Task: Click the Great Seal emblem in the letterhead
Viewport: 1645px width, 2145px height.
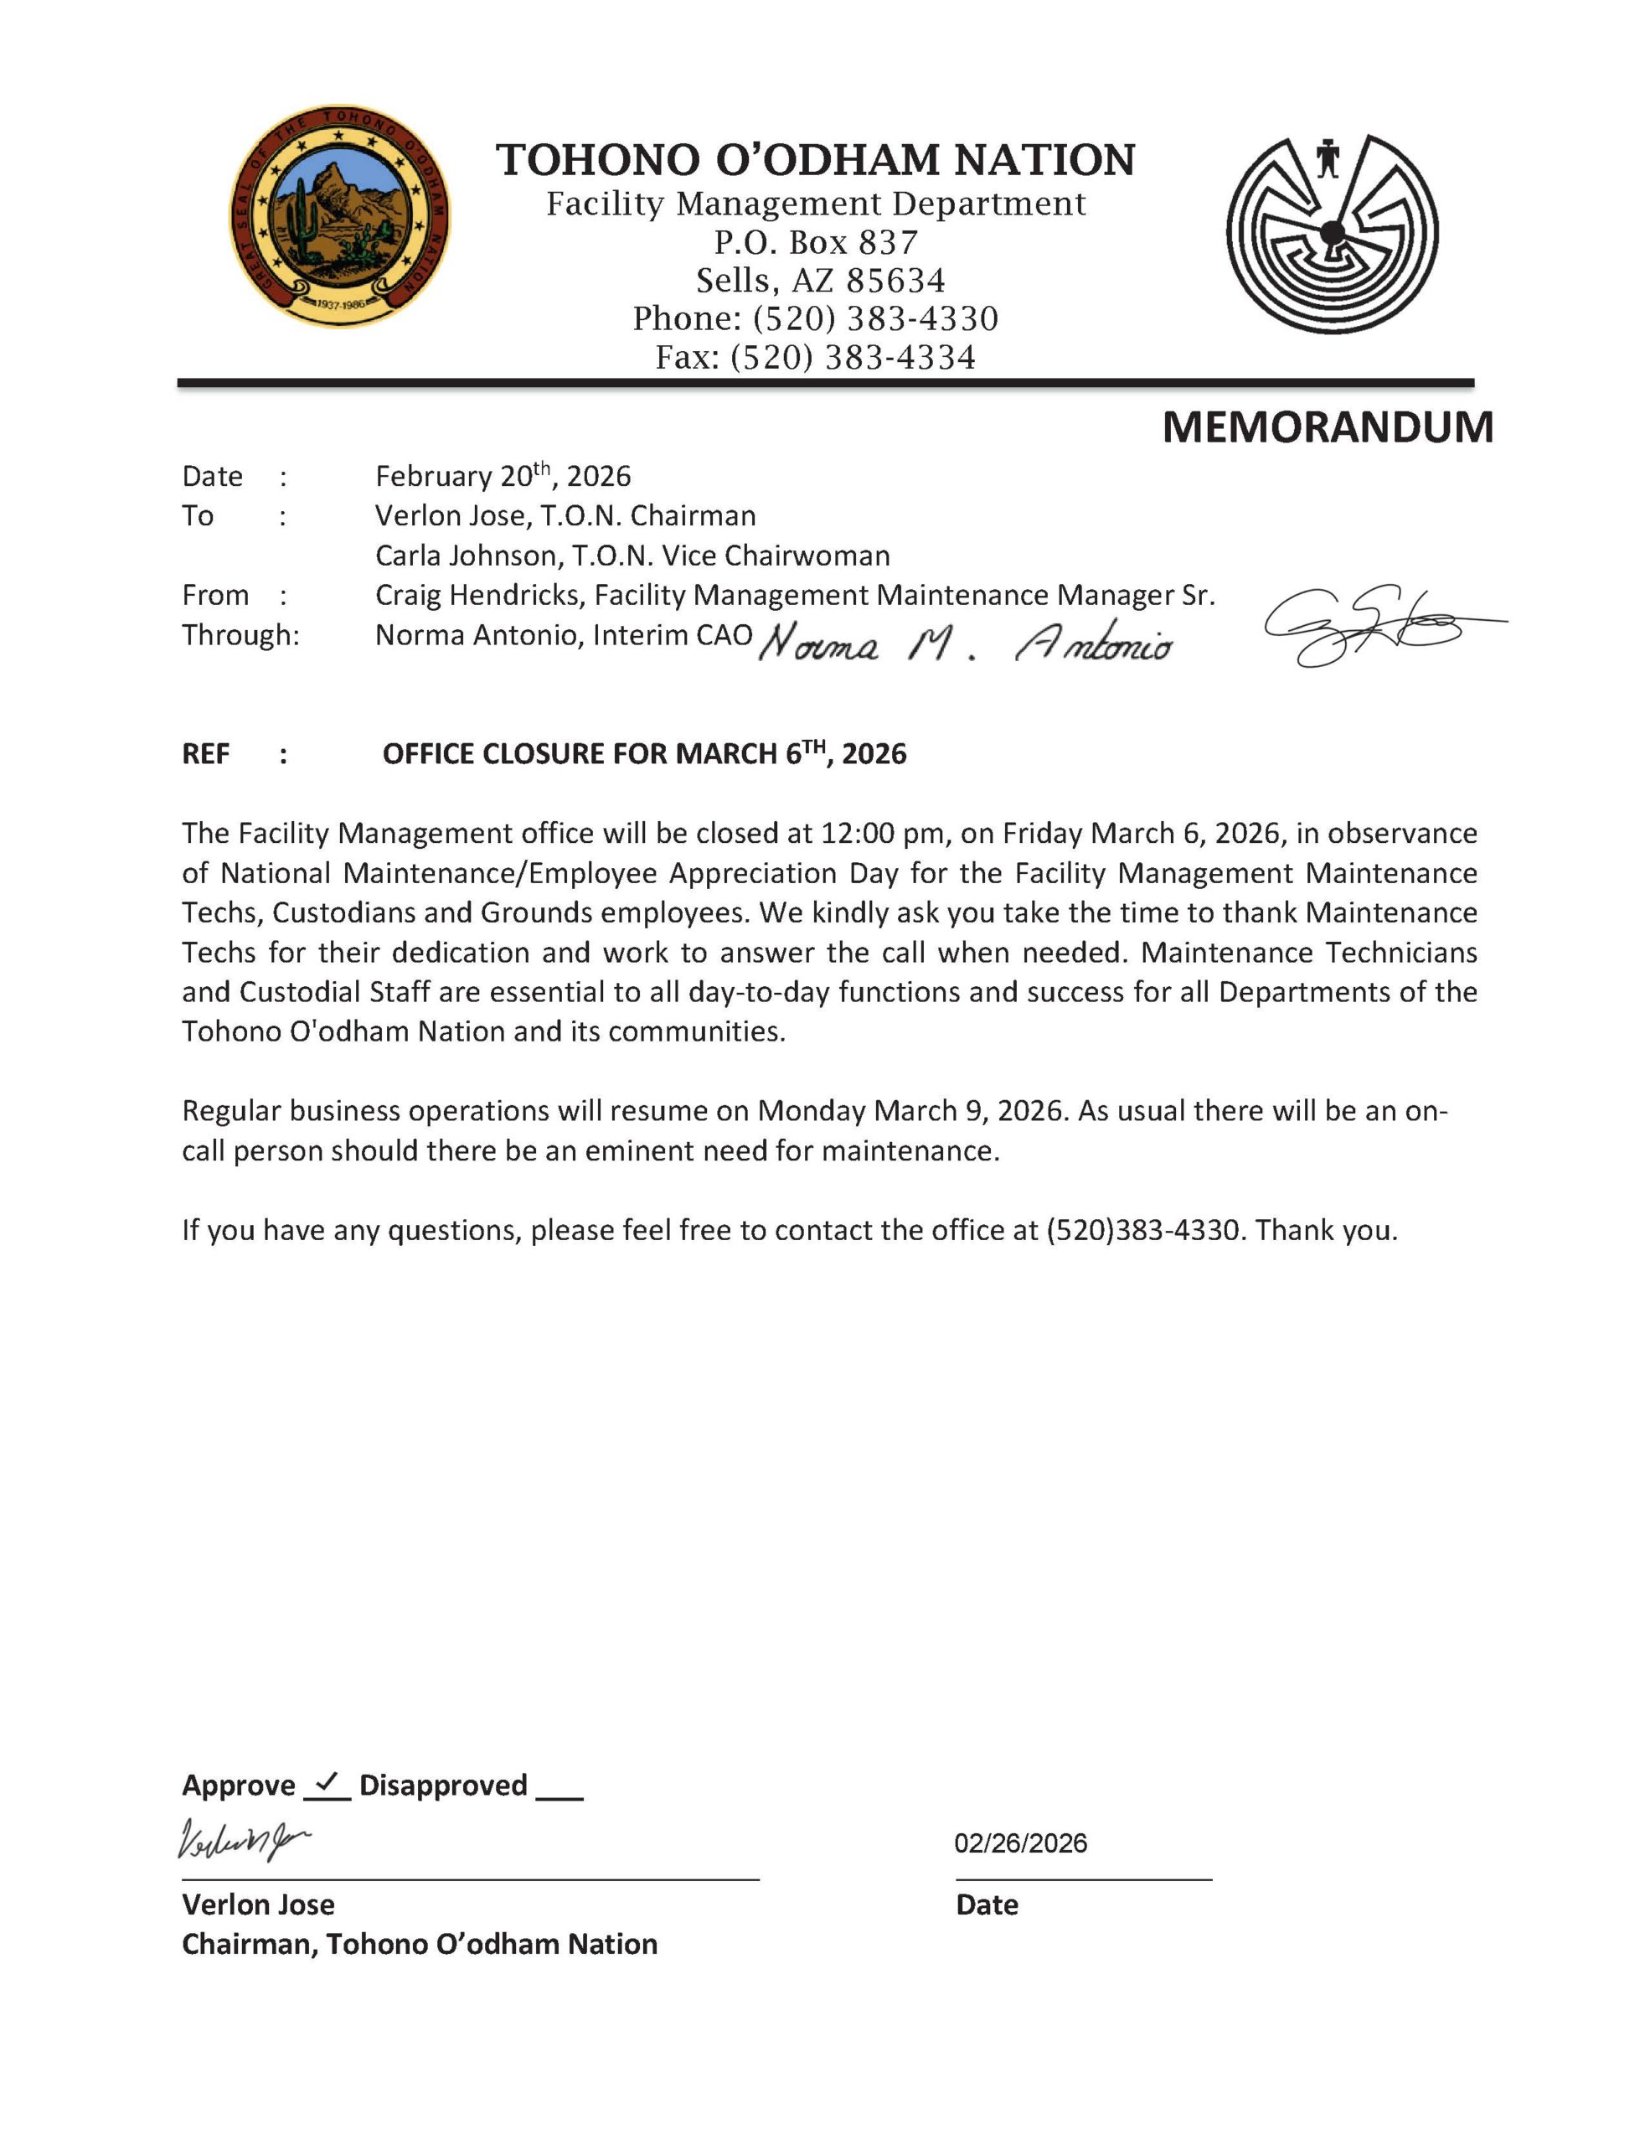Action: click(x=340, y=218)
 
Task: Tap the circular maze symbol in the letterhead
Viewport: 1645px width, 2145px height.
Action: click(x=1332, y=233)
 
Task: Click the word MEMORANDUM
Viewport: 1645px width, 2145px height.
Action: click(x=1327, y=428)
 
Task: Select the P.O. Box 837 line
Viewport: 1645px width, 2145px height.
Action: click(x=816, y=242)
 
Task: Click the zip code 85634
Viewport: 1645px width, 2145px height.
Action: click(x=896, y=281)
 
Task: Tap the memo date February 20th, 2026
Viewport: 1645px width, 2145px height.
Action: click(x=503, y=477)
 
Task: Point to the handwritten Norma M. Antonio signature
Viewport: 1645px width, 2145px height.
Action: click(x=965, y=644)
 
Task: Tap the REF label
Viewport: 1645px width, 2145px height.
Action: click(x=206, y=754)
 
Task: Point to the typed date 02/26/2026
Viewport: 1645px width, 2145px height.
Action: click(x=1020, y=1843)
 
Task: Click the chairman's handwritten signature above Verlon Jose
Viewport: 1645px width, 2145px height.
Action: click(x=243, y=1839)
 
